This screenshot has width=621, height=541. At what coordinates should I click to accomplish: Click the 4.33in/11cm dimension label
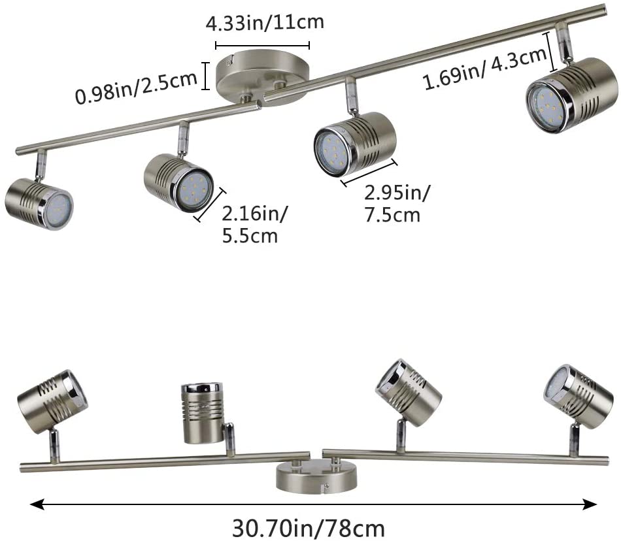point(265,23)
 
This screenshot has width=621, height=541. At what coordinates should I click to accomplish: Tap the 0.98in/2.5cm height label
point(136,88)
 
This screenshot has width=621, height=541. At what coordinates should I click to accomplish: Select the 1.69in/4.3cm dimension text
point(486,69)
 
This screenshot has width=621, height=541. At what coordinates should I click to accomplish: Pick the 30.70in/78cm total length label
point(308,529)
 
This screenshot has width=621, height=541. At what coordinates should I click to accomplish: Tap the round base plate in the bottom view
point(316,477)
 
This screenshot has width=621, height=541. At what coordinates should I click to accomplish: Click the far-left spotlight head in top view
point(39,204)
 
